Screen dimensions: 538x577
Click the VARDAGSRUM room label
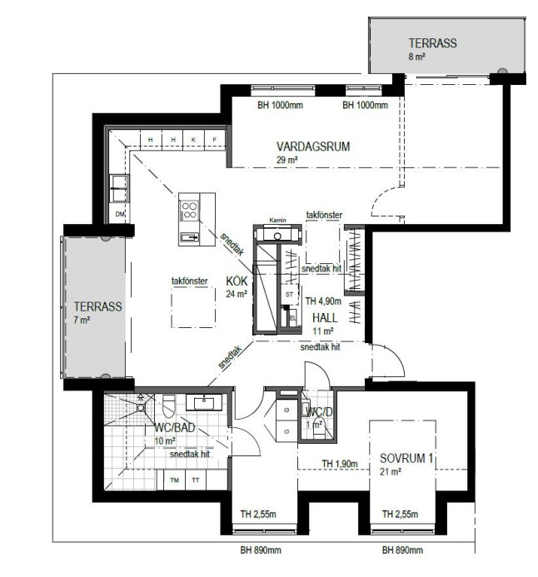point(313,147)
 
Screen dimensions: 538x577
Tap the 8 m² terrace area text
point(417,57)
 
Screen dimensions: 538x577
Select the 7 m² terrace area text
point(82,321)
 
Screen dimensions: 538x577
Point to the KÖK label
point(237,281)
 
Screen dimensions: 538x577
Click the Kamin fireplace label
point(277,220)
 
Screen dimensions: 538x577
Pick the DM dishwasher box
point(120,214)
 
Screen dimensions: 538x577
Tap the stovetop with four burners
point(189,211)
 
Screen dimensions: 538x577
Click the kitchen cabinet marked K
point(193,140)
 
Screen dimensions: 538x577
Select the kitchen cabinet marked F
point(215,140)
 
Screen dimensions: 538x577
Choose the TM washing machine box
point(174,480)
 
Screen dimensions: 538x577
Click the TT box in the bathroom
point(196,480)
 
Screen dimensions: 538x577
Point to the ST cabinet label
point(290,295)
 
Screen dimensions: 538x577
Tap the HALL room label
point(325,317)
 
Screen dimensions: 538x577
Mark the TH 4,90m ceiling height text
point(323,301)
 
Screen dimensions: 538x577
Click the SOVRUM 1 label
point(406,458)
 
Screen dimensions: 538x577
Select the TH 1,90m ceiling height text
point(340,464)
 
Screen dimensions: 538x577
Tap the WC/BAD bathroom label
point(174,428)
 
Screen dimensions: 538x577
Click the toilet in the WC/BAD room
point(168,406)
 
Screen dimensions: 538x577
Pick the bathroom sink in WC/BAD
point(204,402)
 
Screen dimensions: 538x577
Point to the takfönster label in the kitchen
point(190,281)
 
